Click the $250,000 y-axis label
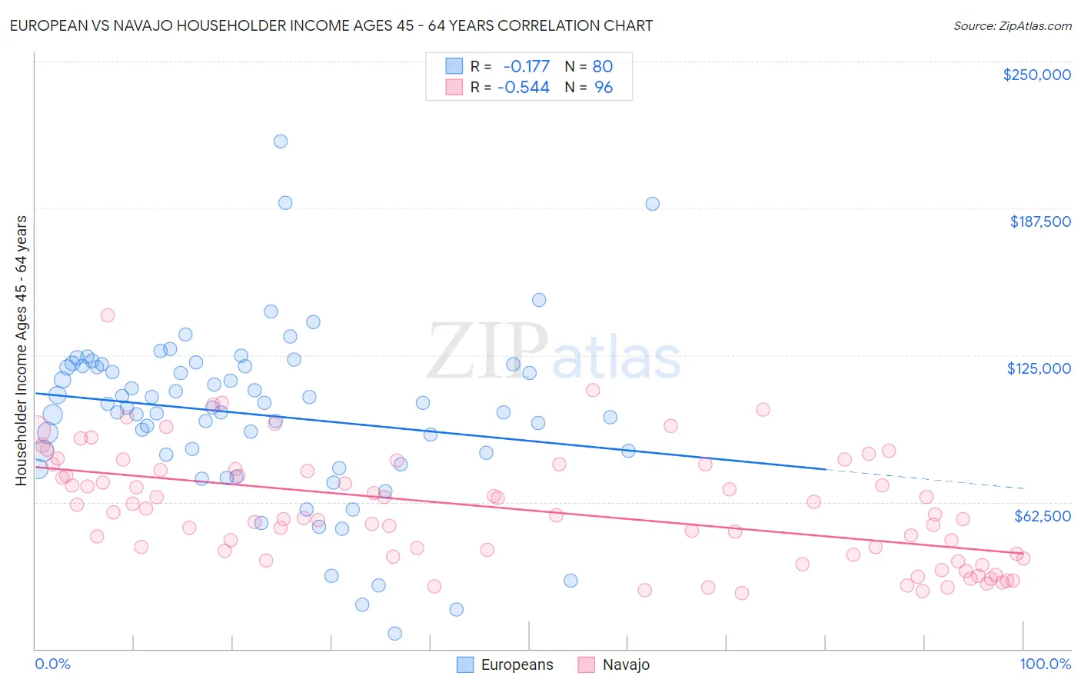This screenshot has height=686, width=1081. tap(1036, 75)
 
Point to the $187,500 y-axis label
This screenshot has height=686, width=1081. tap(1039, 221)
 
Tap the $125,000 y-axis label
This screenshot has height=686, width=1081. tap(1039, 368)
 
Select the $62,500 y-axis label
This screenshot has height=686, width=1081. tap(1042, 516)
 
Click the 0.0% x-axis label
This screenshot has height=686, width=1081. tap(52, 664)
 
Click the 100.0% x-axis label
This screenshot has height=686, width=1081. tap(1045, 664)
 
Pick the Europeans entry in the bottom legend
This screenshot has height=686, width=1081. tap(504, 664)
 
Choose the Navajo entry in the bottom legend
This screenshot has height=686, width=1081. tap(614, 664)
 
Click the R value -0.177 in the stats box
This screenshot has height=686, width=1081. tap(526, 66)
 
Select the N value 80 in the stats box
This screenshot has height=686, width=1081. tap(602, 66)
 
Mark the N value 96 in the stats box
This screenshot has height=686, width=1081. tap(604, 88)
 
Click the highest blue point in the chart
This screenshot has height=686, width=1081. tap(281, 142)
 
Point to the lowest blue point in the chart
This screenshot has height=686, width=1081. tap(394, 634)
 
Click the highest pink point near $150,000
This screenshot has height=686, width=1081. tap(108, 315)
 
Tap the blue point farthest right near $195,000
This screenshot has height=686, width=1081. tap(652, 204)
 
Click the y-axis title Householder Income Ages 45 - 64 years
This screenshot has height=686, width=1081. tap(21, 350)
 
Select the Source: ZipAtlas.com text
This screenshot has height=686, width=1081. tap(1012, 26)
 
